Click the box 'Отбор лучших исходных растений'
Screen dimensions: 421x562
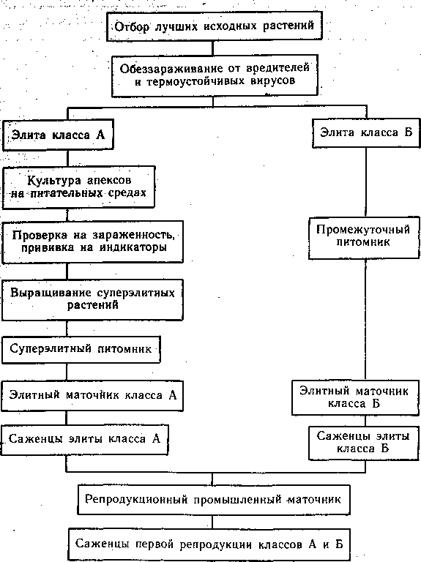pos(215,26)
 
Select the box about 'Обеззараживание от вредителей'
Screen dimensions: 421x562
pos(215,75)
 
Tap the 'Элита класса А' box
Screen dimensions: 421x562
pos(58,135)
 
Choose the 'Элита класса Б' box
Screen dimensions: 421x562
pos(366,132)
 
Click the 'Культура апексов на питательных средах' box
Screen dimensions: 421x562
pos(78,187)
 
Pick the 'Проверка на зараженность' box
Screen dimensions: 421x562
pos(92,241)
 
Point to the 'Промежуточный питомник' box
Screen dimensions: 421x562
pos(364,237)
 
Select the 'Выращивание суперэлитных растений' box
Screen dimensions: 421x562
pos(92,299)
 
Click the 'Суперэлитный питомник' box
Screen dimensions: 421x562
pos(81,349)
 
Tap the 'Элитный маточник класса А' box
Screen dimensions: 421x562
pos(92,395)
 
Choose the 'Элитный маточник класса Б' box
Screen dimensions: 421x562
pos(355,397)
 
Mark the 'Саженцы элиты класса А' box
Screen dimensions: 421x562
pos(84,440)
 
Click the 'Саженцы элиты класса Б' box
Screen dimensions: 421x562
pos(364,443)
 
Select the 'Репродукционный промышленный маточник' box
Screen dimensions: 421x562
pos(214,500)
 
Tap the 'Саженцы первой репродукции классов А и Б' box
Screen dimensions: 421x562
pos(209,544)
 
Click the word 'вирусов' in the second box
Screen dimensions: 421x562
pos(273,80)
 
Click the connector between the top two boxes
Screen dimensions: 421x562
pos(213,48)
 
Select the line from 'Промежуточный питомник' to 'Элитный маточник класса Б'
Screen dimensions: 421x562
pos(365,319)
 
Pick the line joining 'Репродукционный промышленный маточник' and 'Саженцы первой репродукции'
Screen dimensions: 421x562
pos(212,522)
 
